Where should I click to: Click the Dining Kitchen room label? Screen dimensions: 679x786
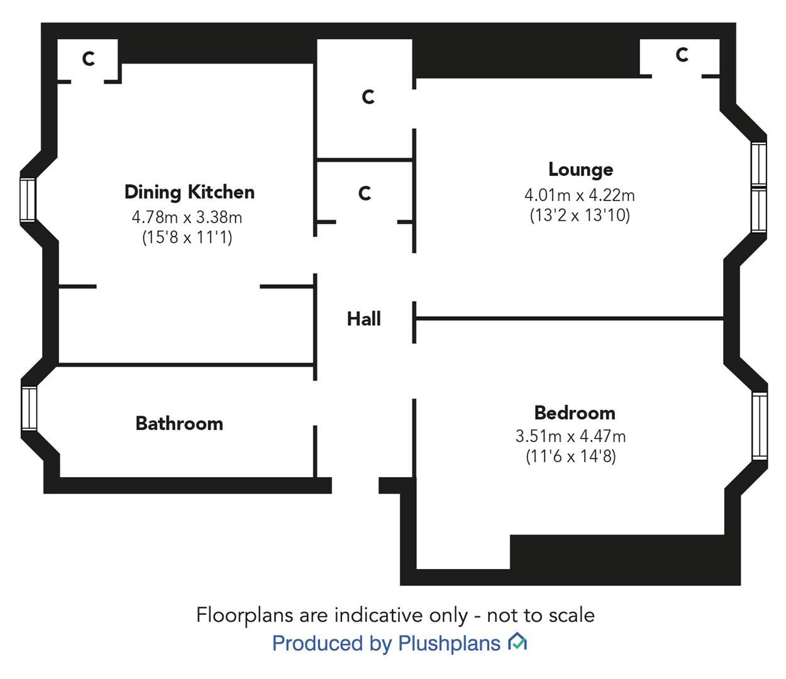(189, 192)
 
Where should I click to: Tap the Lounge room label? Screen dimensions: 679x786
(580, 169)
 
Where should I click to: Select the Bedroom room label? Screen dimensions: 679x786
(574, 413)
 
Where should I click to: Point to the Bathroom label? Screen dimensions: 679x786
(179, 423)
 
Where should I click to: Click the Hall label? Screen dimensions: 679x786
(363, 319)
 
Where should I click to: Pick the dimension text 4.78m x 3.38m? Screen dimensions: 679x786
(187, 218)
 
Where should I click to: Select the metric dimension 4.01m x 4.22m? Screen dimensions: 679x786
(579, 195)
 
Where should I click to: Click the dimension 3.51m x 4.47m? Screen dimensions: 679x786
(570, 436)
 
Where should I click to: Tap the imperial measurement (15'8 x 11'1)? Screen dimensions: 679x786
(187, 238)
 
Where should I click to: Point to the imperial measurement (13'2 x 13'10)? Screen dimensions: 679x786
(579, 215)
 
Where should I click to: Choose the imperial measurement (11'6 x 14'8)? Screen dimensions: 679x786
(570, 456)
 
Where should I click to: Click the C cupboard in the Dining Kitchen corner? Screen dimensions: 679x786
(89, 59)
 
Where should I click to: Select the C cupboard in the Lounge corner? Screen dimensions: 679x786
(682, 55)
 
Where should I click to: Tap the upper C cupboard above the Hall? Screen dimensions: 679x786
(368, 97)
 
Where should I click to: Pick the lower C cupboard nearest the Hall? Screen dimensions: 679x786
(364, 193)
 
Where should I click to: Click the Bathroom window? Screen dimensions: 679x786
(29, 408)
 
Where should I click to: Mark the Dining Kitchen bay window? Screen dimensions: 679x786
(28, 200)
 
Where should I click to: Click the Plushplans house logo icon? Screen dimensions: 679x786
(517, 642)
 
